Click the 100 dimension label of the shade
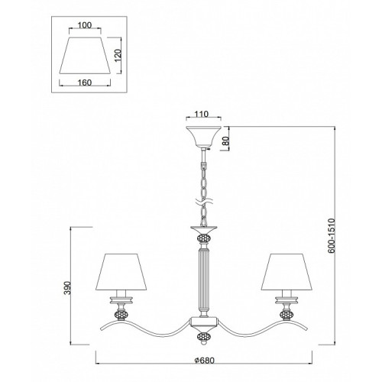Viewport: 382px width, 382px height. click(85, 25)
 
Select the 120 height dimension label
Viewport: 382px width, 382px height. click(118, 55)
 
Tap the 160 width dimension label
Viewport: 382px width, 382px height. click(85, 83)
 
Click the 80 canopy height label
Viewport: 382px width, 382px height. click(227, 140)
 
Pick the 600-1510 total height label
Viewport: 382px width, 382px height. click(332, 235)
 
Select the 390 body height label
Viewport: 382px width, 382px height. click(67, 288)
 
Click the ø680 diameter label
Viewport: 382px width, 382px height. click(204, 361)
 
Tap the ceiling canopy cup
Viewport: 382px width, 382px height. click(203, 137)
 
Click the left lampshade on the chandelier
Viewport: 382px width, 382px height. click(121, 272)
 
